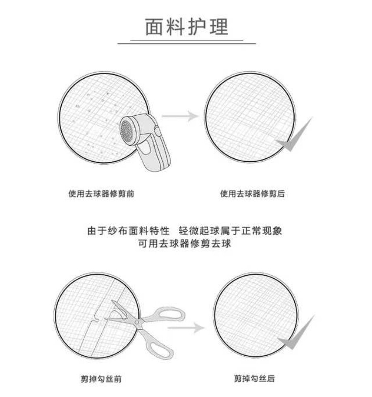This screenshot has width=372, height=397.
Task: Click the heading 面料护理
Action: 186,27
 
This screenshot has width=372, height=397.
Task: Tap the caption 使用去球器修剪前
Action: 101,194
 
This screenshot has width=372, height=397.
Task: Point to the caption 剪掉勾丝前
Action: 101,378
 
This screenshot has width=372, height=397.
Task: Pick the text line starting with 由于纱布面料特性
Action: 185,231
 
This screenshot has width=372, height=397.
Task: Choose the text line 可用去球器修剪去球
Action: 185,244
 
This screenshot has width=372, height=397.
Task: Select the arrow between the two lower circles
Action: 186,328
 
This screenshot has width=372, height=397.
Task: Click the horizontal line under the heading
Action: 186,43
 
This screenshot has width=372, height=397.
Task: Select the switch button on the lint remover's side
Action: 157,131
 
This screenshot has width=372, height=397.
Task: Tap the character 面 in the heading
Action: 154,27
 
